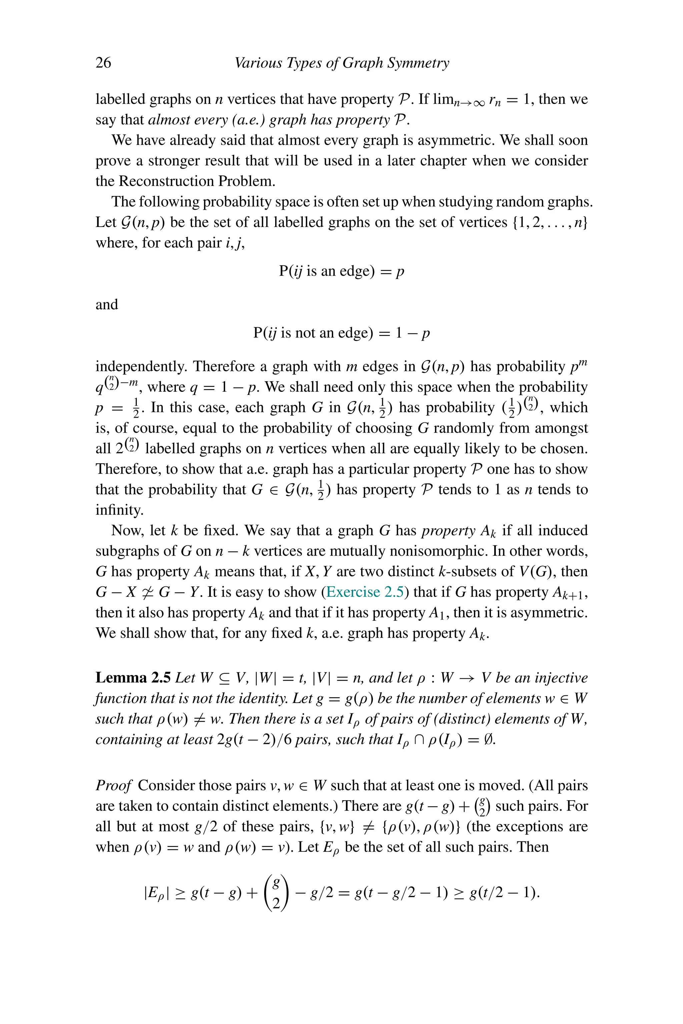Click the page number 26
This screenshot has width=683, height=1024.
point(103,63)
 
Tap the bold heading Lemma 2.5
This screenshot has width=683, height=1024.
point(133,678)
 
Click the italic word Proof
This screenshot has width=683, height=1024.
point(113,785)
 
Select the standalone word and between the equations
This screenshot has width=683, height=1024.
point(107,304)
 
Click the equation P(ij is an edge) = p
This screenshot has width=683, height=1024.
point(341,271)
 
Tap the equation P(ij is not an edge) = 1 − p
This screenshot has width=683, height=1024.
point(341,333)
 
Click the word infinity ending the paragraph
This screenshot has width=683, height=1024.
point(119,510)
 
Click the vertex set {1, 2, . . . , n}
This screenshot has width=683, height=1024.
point(550,222)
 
